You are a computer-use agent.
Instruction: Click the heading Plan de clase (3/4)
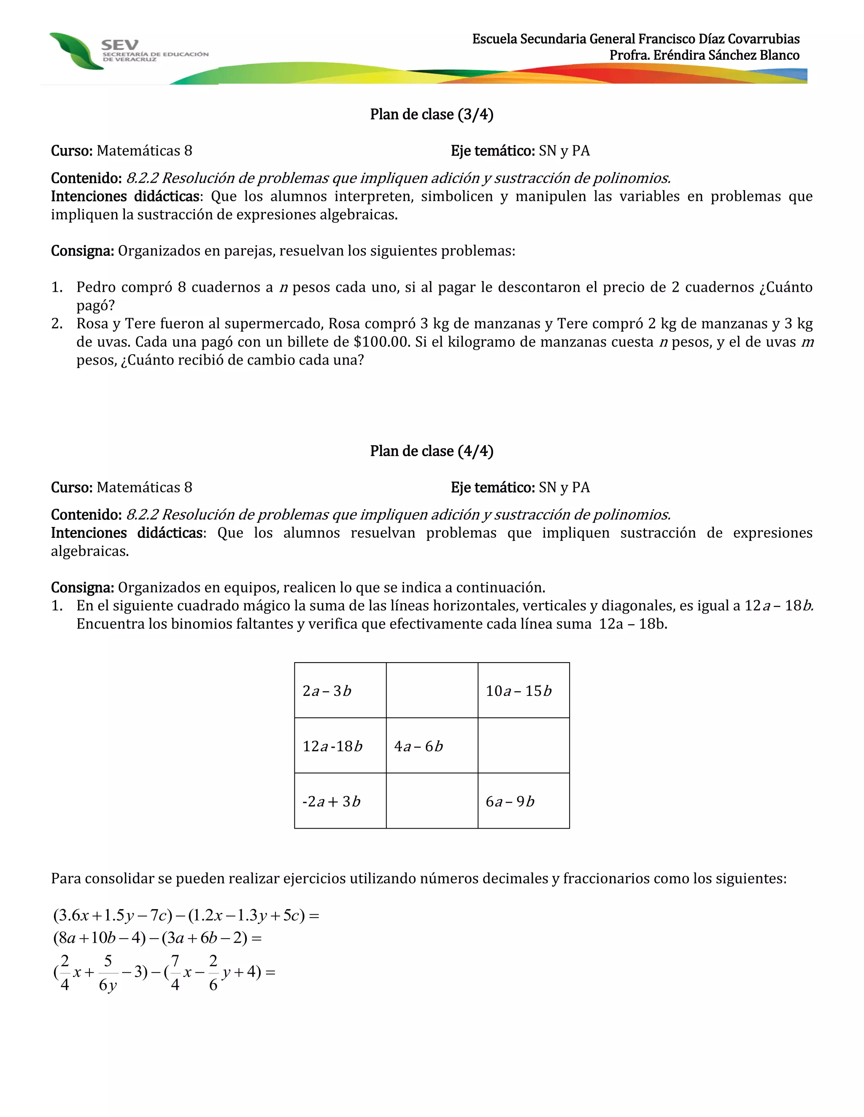coord(432,115)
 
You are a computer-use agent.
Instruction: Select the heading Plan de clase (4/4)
coord(432,451)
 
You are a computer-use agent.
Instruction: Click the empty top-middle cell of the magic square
coord(432,690)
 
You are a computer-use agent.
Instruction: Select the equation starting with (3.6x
coord(186,915)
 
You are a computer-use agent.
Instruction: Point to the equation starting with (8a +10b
coord(157,937)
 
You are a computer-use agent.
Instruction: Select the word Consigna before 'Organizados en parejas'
coord(82,251)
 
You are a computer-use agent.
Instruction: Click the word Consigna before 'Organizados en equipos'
coord(82,588)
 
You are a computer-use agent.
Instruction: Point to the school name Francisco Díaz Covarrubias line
coord(635,39)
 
